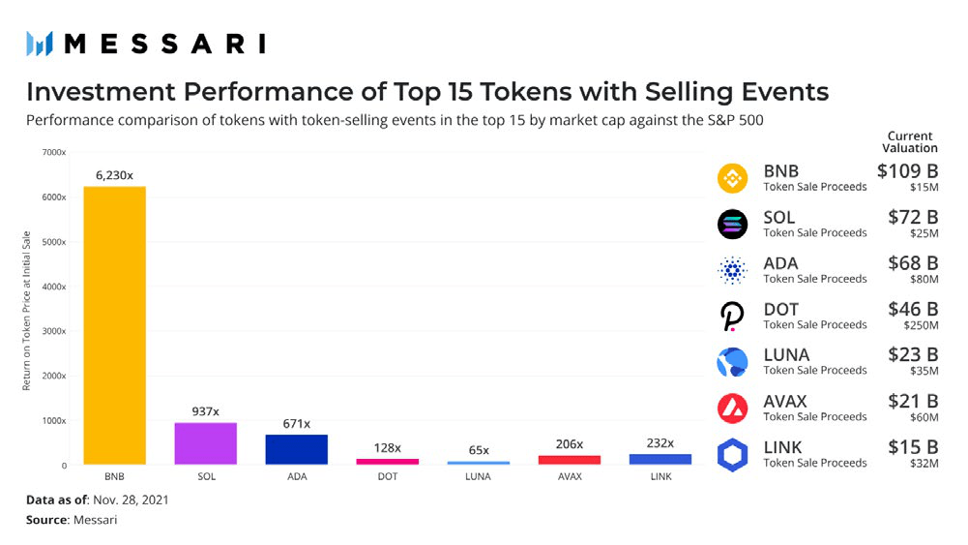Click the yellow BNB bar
click(x=114, y=325)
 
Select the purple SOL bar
click(x=205, y=443)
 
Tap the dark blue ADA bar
click(x=296, y=449)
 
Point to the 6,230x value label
click(x=114, y=175)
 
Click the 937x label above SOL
click(x=205, y=410)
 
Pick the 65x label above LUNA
click(x=479, y=450)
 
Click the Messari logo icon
click(x=39, y=44)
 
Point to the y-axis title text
click(x=28, y=311)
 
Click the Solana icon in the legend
click(x=732, y=225)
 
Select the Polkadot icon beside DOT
click(x=731, y=317)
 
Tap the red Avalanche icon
click(x=732, y=409)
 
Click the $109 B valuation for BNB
click(x=907, y=170)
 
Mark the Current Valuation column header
click(x=909, y=142)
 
